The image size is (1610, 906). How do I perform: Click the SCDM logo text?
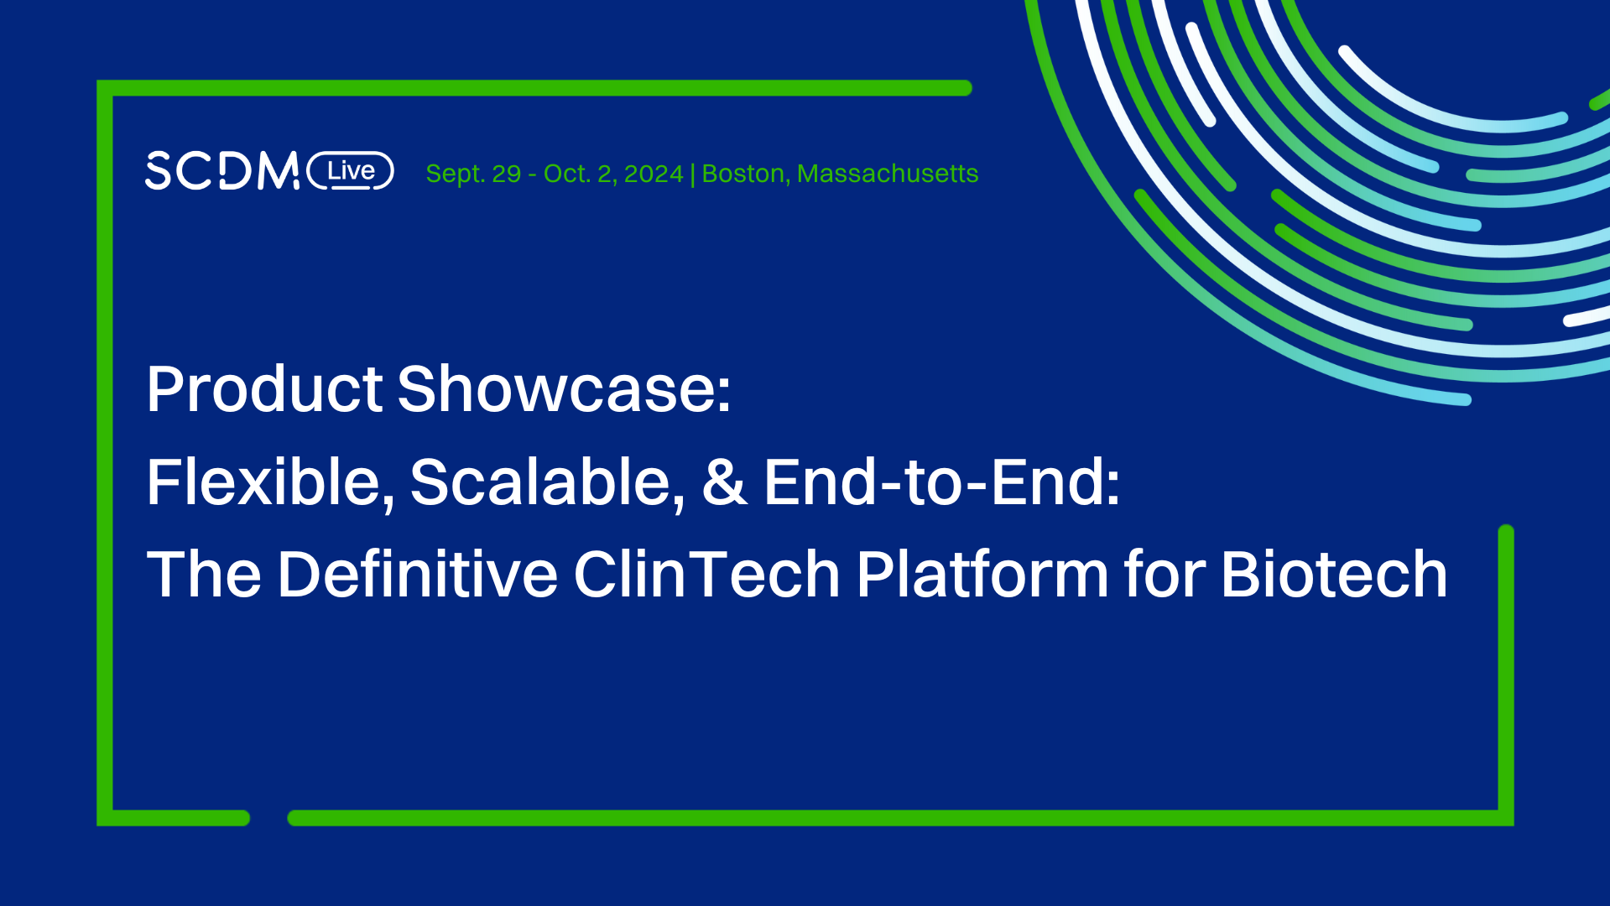pos(221,171)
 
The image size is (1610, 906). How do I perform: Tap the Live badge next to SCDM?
pos(351,171)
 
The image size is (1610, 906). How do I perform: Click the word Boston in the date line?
pos(743,174)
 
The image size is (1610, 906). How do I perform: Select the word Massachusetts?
pos(888,174)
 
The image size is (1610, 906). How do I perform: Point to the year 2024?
pos(654,174)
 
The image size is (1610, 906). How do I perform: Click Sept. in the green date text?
pos(455,174)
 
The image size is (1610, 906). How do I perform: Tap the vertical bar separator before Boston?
pos(692,174)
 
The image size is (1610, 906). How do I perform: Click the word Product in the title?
pos(265,390)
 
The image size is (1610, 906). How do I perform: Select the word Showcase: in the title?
pos(564,390)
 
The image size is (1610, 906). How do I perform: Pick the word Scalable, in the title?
pos(547,483)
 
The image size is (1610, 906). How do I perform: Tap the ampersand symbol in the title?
pos(724,483)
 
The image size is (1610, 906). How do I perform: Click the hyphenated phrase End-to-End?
pos(941,483)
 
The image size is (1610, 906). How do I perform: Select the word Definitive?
pos(417,575)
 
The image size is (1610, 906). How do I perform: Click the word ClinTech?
pos(706,575)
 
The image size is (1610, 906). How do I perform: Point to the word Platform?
pos(982,575)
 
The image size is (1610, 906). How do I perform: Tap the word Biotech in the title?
pos(1334,575)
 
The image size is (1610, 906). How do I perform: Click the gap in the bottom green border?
pos(268,818)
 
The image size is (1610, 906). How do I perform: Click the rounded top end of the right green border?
pos(1506,532)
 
